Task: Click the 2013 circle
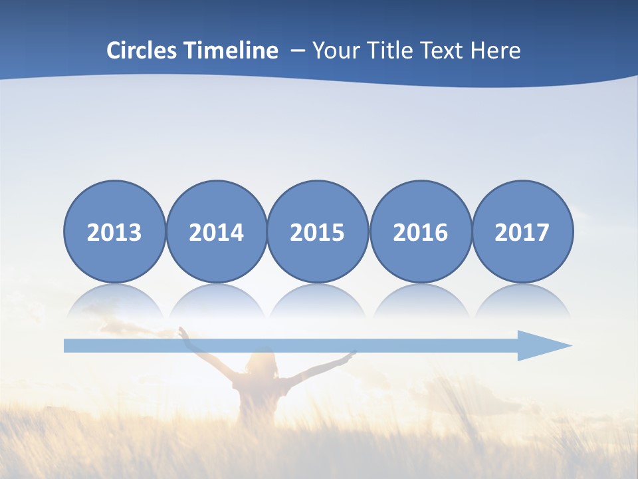pos(114,232)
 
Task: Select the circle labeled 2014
pos(216,232)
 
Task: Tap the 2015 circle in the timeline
pos(318,232)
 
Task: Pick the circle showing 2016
pos(420,232)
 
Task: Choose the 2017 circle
pos(522,232)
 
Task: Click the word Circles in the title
pos(142,50)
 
